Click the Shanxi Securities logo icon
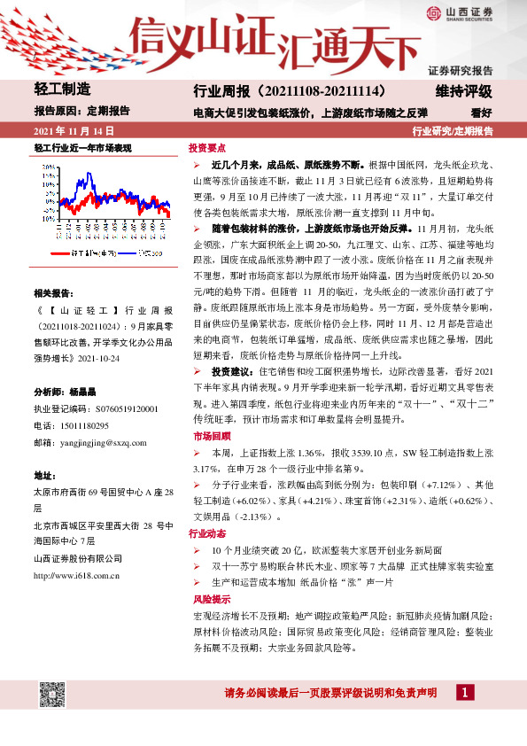click(x=433, y=12)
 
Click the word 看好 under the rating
click(x=481, y=113)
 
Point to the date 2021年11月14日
click(x=73, y=131)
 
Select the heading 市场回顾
click(x=208, y=436)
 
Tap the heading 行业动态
click(x=208, y=534)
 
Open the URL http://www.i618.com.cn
click(x=76, y=575)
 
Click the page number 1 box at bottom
click(x=463, y=693)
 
